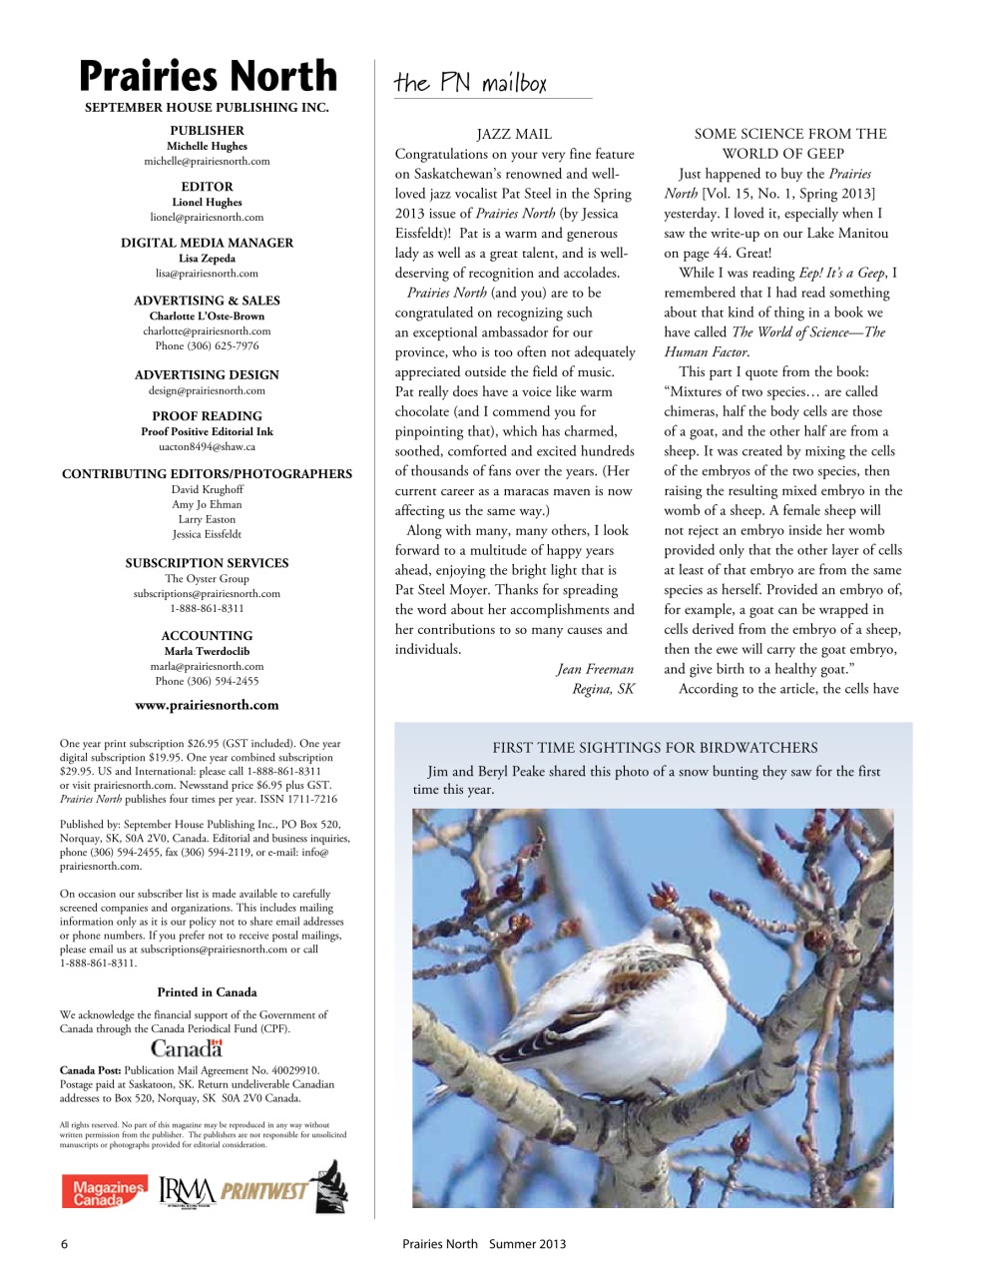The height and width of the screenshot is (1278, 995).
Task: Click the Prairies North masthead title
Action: click(x=208, y=76)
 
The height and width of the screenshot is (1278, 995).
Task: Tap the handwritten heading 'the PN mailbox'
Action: click(x=470, y=83)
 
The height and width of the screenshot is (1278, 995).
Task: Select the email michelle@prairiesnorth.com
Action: click(x=207, y=161)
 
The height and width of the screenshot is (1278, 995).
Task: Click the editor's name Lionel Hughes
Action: click(x=207, y=202)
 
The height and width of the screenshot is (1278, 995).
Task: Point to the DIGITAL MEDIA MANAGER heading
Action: click(x=207, y=243)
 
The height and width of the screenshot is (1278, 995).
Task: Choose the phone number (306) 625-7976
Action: click(x=207, y=345)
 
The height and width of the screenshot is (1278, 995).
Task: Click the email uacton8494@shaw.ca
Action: click(x=207, y=446)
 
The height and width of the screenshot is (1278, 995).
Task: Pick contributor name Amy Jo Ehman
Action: click(x=207, y=504)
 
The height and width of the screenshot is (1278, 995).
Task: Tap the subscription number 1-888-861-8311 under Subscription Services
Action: click(x=207, y=608)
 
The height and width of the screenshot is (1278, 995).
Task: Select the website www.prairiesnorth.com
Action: click(x=207, y=705)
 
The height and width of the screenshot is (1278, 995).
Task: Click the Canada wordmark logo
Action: click(x=187, y=1047)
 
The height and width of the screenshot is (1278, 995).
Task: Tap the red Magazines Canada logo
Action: click(x=104, y=1191)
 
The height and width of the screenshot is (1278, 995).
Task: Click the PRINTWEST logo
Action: click(x=264, y=1191)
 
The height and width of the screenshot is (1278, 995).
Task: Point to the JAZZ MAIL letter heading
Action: click(x=514, y=134)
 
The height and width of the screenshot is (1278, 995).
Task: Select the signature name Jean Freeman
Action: click(x=595, y=669)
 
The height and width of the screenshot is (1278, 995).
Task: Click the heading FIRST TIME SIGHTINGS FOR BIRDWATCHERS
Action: click(x=655, y=748)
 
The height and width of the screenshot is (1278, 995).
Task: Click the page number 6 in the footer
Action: click(x=65, y=1244)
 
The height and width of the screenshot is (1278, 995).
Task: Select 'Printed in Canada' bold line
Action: click(x=207, y=992)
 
